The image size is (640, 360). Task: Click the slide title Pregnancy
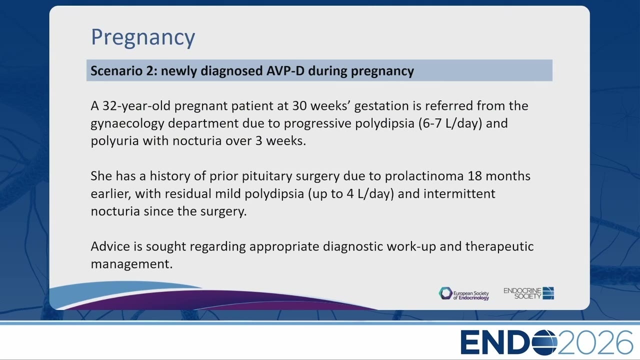[x=143, y=37]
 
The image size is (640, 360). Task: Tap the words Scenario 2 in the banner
[x=123, y=70]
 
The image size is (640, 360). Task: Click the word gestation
[x=381, y=106]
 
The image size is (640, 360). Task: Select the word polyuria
[x=114, y=141]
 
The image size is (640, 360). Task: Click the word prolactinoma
[x=424, y=176]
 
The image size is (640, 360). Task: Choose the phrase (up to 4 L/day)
[x=351, y=193]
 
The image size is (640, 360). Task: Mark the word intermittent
[x=459, y=193]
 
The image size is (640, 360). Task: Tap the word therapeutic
[x=499, y=246]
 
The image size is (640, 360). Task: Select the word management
[x=131, y=264]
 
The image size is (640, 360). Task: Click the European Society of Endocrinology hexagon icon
[x=445, y=293]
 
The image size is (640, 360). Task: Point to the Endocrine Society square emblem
[x=548, y=293]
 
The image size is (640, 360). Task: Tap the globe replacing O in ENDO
[x=544, y=342]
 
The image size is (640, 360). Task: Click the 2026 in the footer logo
[x=595, y=342]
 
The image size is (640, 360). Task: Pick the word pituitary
[x=267, y=176]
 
